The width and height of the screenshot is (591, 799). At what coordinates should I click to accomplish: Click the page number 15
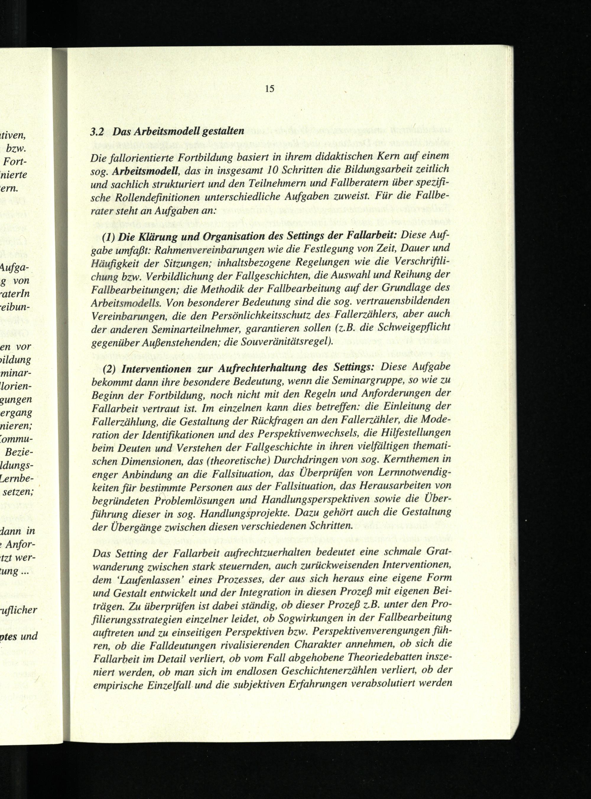(270, 89)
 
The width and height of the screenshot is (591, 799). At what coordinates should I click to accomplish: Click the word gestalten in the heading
(223, 131)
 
